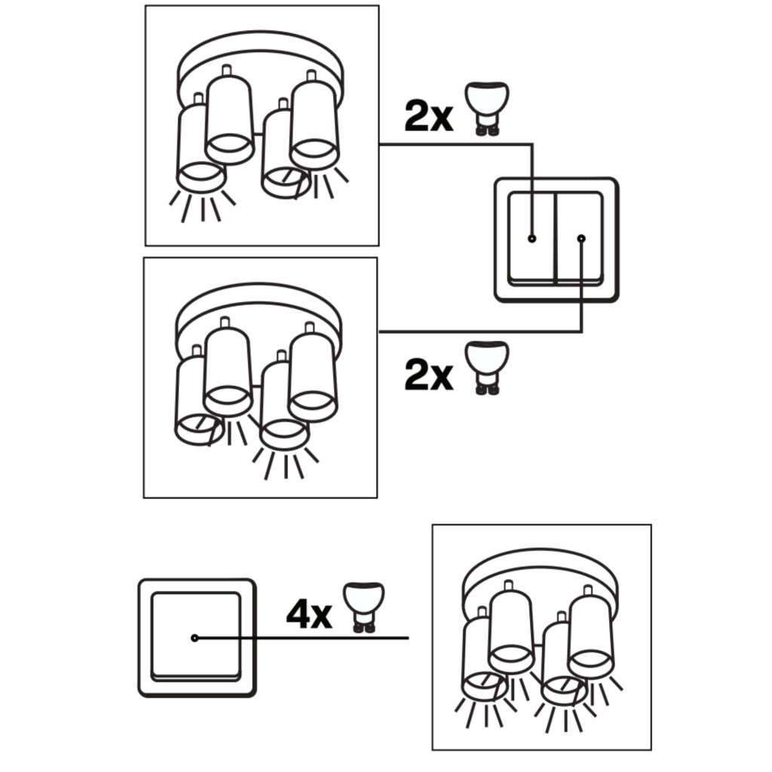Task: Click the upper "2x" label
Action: click(x=428, y=116)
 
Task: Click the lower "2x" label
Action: click(x=428, y=375)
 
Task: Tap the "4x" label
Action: click(x=309, y=614)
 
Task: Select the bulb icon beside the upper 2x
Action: click(x=487, y=109)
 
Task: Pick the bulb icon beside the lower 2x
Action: click(x=487, y=368)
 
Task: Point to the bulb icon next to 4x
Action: click(x=364, y=608)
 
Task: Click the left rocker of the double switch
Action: click(x=532, y=237)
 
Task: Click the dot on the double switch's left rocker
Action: click(x=532, y=238)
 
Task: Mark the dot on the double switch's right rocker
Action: click(x=581, y=238)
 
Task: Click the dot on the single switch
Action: click(x=195, y=638)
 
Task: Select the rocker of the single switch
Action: click(x=196, y=636)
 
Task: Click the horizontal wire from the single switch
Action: click(x=302, y=638)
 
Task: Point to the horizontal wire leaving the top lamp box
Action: click(x=456, y=144)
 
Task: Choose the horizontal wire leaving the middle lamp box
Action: click(x=480, y=332)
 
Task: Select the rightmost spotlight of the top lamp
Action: click(x=314, y=123)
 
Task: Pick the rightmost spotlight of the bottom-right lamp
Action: click(x=590, y=633)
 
